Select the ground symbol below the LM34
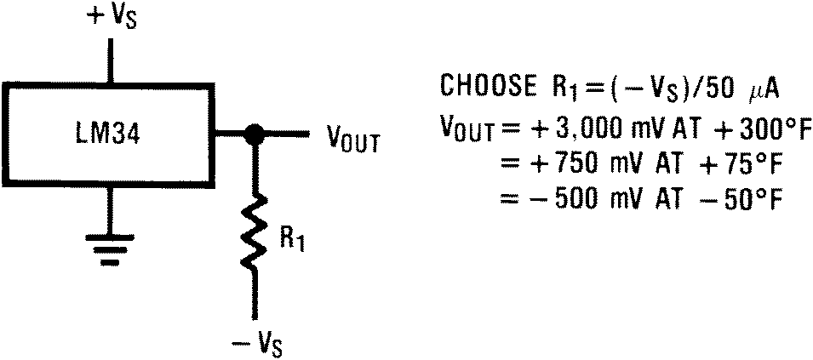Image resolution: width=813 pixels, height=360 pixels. click(109, 246)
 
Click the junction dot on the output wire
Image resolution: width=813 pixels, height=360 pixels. click(252, 134)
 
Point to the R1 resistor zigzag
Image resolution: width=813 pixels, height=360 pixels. click(252, 232)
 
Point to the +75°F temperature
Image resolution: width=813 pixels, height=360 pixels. click(733, 165)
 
